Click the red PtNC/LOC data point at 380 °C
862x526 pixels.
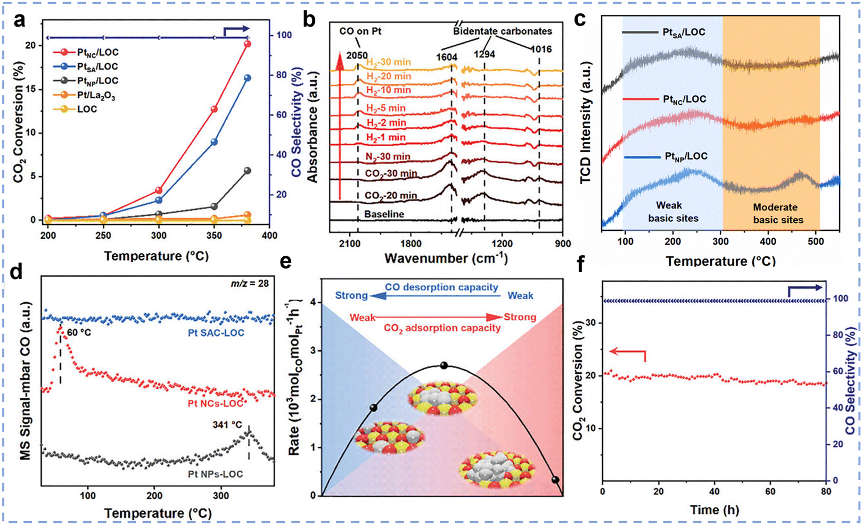click(247, 44)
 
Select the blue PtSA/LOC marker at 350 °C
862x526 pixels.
click(214, 142)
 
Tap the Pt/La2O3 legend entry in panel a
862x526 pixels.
click(92, 95)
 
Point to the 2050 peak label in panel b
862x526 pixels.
click(357, 55)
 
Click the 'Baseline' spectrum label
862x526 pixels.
click(384, 214)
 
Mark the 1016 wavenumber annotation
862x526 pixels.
click(540, 49)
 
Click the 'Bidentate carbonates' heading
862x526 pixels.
click(502, 31)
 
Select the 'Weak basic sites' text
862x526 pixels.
click(673, 212)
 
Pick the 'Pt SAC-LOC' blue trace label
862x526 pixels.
click(216, 333)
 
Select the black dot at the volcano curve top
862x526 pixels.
click(444, 365)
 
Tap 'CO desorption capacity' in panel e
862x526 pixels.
click(441, 287)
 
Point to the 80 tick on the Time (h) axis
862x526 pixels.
click(825, 491)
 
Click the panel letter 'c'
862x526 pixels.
click(580, 19)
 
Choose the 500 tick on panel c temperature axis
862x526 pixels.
click(816, 241)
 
